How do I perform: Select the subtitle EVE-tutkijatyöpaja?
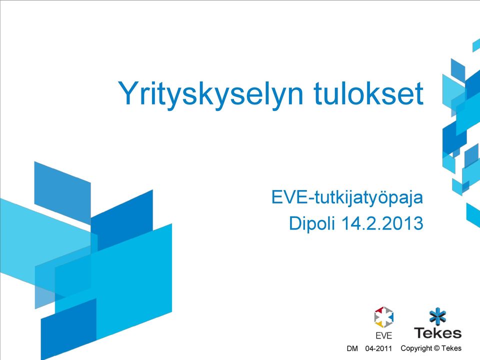(347, 198)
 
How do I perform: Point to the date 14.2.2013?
(382, 223)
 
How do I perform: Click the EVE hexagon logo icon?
(383, 317)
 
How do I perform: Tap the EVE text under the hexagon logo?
(383, 336)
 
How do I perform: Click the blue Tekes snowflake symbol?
(438, 316)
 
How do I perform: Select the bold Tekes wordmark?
(438, 333)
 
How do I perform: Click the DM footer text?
(352, 348)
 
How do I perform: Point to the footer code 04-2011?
(378, 348)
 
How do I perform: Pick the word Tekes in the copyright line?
(451, 348)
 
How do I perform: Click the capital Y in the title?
(128, 93)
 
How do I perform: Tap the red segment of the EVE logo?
(379, 310)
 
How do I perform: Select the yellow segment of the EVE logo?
(379, 323)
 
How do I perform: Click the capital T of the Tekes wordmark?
(420, 333)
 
